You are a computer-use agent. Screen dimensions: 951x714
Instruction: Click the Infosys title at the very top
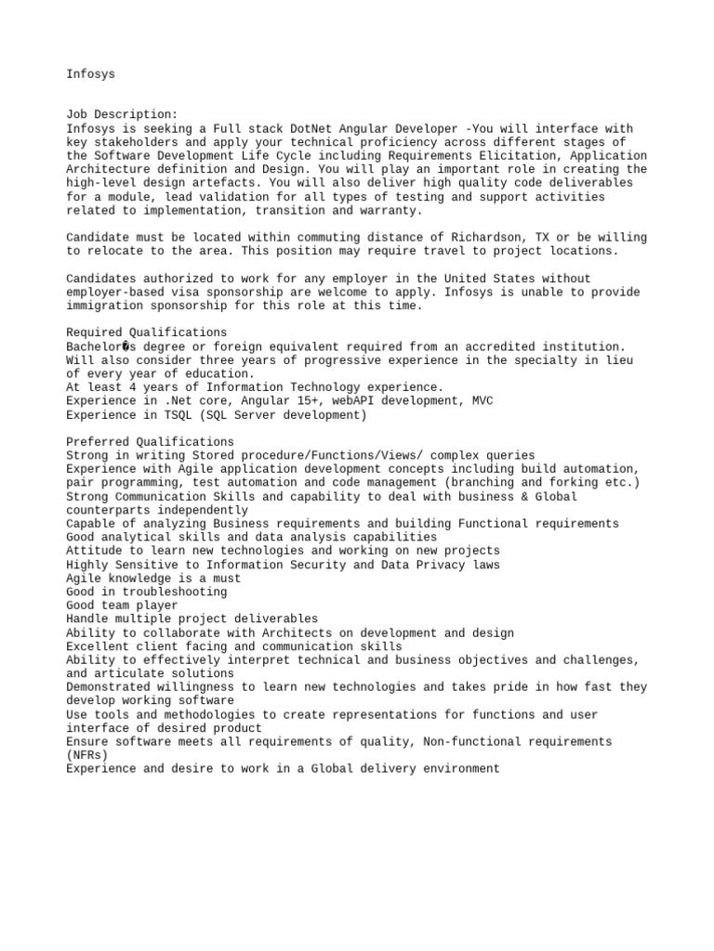click(x=90, y=73)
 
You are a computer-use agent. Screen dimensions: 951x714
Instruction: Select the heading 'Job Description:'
click(x=122, y=114)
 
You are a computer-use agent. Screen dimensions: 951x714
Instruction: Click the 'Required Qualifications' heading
click(x=146, y=332)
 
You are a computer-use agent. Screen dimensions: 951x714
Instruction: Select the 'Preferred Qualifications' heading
click(x=150, y=442)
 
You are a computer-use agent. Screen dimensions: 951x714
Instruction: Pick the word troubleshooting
click(x=174, y=593)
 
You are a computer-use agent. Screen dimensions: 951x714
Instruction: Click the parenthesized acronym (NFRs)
click(x=86, y=756)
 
